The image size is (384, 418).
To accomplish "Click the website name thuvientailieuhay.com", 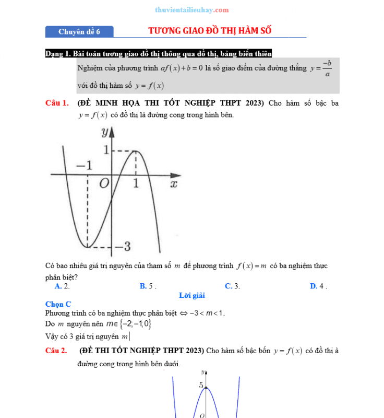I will coord(192,10).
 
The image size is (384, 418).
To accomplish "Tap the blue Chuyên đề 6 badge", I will coord(79,32).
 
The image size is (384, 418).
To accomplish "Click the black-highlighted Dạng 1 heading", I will coord(159,53).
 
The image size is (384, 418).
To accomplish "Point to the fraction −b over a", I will coord(327,68).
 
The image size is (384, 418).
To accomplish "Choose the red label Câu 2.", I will coord(56,351).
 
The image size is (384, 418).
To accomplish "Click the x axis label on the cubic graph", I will coord(174,183).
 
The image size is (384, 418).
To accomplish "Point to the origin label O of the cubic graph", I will coord(104,183).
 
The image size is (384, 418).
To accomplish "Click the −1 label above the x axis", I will coord(84,166).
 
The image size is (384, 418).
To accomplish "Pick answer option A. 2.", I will coord(62,286).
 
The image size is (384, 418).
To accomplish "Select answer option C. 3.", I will coord(232,286).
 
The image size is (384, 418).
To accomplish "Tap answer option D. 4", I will coord(318,286).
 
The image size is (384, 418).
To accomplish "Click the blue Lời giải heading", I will coord(191,295).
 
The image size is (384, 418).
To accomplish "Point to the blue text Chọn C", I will coord(58,304).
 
